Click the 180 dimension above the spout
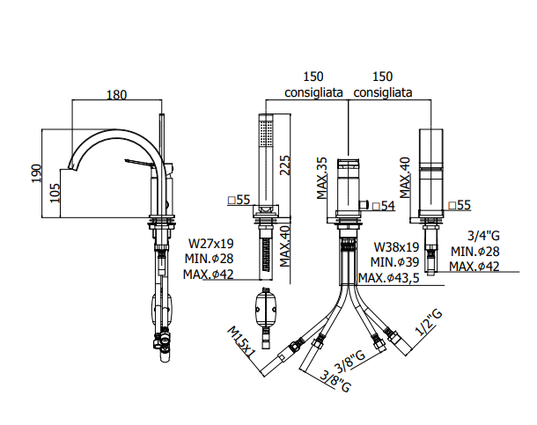[x=116, y=94]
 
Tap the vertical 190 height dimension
[x=36, y=173]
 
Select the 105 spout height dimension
[x=55, y=193]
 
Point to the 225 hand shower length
[x=284, y=165]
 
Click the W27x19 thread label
[x=211, y=244]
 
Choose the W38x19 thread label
[x=396, y=246]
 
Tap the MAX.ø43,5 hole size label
[x=389, y=278]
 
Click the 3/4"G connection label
[x=483, y=236]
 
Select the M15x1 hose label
[x=241, y=342]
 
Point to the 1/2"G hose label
[x=429, y=322]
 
